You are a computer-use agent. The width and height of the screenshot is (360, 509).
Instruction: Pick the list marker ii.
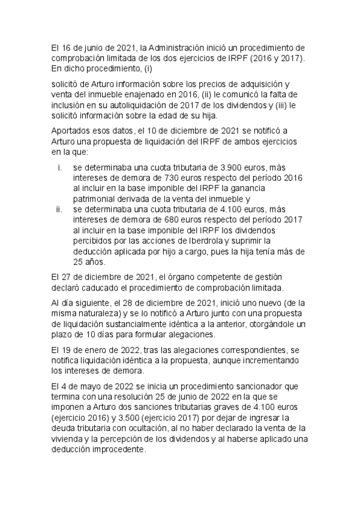pyautogui.click(x=59, y=209)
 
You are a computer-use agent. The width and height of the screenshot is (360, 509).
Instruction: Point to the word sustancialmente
pyautogui.click(x=137, y=324)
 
